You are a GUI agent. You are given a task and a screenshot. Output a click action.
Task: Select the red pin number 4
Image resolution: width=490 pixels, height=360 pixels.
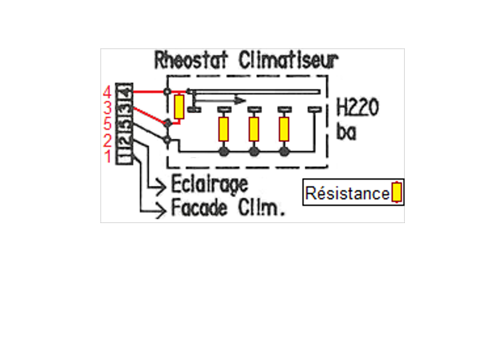coord(107,93)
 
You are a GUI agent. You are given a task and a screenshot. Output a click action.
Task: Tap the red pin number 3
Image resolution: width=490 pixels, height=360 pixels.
coord(107,108)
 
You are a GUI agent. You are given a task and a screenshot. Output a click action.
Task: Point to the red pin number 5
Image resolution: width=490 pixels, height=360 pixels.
coord(107,123)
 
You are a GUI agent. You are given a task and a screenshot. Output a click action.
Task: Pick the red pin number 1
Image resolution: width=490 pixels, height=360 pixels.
coord(107,157)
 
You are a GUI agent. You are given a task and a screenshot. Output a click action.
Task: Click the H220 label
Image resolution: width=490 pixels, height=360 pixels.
coord(357,109)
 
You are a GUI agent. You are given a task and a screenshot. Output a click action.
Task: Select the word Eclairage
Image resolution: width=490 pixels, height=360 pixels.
coord(209,185)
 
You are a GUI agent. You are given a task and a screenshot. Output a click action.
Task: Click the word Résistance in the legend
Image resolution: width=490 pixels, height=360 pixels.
coord(347,194)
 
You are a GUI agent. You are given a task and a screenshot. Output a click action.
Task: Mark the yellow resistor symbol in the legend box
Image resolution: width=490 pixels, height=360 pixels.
coord(398,193)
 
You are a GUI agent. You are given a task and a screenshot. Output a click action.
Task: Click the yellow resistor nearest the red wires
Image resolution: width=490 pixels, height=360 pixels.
coord(178,107)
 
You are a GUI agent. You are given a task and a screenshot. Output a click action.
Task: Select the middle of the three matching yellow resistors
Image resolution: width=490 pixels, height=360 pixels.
coord(254,129)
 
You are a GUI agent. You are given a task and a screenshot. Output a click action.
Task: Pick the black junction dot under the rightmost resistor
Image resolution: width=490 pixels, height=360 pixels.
coord(284,151)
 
